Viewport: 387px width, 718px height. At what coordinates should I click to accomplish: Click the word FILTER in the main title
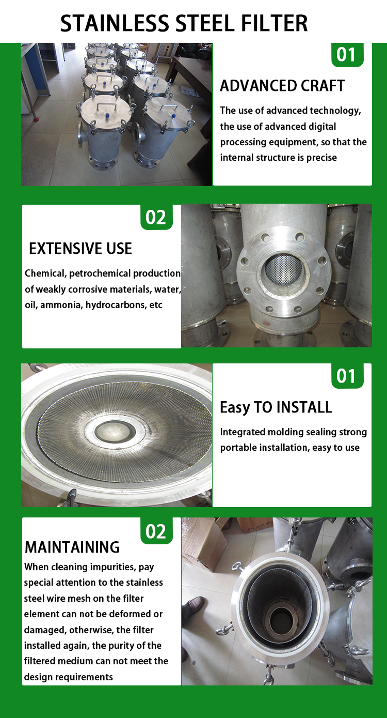pos(274,23)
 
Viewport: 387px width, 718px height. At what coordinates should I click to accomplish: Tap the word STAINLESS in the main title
pos(115,23)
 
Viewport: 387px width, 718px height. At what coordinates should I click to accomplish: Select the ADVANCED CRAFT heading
pos(282,86)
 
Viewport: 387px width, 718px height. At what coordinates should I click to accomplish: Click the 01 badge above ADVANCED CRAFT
pos(347,54)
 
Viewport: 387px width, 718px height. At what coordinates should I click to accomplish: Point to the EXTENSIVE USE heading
pos(80,249)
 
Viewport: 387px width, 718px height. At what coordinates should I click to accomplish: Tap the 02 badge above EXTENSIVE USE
pos(156,217)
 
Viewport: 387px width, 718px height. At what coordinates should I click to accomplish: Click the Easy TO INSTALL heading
pos(276,408)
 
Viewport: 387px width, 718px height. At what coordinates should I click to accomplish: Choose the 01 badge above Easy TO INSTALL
pos(347,376)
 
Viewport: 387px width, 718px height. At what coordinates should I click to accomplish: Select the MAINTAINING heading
pos(72,547)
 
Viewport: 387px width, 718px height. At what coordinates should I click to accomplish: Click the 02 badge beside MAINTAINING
pos(156,531)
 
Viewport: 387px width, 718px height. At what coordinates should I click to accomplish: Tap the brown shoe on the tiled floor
pos(194,604)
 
